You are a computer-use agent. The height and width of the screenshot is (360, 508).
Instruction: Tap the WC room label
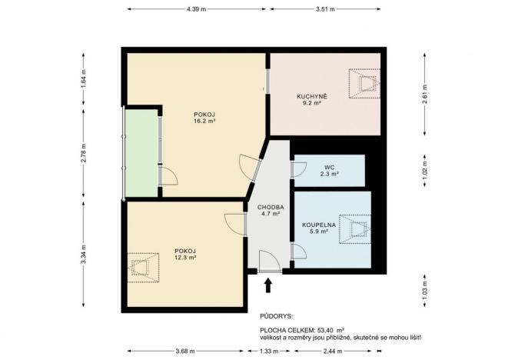pos(328,167)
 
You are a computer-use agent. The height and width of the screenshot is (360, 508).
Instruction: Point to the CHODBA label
pos(271,208)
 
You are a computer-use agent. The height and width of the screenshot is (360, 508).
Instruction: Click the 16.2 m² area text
pos(204,122)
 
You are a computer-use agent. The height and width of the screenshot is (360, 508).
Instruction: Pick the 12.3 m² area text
pos(185,258)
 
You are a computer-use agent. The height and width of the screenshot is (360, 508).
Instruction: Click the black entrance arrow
pos(268,285)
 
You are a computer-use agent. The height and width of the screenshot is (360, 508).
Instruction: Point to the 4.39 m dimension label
pos(197,8)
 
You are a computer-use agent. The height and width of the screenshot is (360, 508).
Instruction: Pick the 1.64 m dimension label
pos(83,78)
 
